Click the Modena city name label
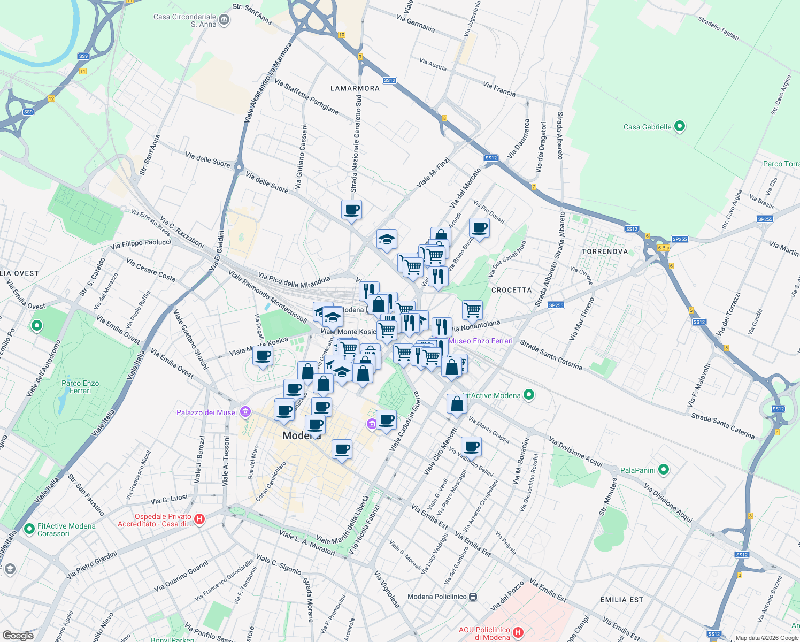click(x=302, y=435)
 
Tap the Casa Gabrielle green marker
click(x=680, y=127)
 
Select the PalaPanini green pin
click(x=664, y=470)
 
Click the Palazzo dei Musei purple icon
click(x=245, y=412)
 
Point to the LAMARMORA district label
click(x=355, y=88)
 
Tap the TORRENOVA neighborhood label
click(x=605, y=251)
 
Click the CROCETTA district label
click(x=511, y=290)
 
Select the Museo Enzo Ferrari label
click(x=481, y=341)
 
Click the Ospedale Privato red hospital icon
click(x=199, y=519)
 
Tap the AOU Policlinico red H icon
click(x=518, y=633)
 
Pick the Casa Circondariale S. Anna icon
click(x=224, y=20)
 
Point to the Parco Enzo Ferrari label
click(x=80, y=387)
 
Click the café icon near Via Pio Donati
click(x=479, y=228)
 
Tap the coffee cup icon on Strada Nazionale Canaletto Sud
click(x=351, y=209)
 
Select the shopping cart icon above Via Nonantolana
click(x=472, y=309)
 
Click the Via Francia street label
click(x=499, y=89)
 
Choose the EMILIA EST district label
click(x=621, y=600)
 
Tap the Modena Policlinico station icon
click(x=473, y=597)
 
